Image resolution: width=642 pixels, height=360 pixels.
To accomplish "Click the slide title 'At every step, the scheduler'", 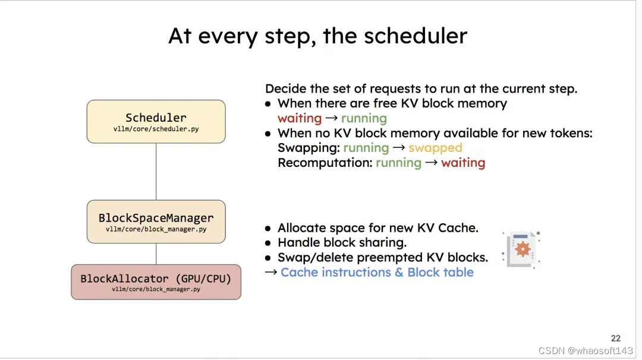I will click(x=317, y=36).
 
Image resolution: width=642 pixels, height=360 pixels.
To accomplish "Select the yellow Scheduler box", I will click(x=156, y=121).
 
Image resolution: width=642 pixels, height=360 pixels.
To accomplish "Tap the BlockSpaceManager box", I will click(x=156, y=222).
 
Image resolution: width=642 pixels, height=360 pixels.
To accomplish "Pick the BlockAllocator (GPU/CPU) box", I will click(x=156, y=282).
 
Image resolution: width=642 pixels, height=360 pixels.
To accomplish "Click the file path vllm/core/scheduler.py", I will click(x=156, y=129).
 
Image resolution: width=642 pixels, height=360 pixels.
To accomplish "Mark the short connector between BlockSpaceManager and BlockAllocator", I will click(x=156, y=254).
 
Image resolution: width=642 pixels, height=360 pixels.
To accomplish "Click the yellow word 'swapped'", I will click(x=435, y=148).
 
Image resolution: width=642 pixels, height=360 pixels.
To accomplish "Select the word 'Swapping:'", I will click(x=309, y=148).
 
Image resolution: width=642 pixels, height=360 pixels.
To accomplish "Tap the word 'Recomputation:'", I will click(x=325, y=163).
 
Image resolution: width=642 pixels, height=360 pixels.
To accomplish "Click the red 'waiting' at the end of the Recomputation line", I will click(x=462, y=163).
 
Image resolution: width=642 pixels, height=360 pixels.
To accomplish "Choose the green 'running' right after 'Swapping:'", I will click(x=366, y=148).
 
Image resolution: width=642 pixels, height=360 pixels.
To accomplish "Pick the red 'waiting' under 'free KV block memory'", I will click(x=300, y=118).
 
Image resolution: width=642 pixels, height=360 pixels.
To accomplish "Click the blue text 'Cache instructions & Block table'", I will click(x=377, y=273).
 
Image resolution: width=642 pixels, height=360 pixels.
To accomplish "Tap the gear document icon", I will click(x=521, y=250).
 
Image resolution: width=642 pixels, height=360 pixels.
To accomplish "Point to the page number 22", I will click(x=615, y=338).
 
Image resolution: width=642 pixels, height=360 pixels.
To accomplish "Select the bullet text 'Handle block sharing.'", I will click(x=342, y=242).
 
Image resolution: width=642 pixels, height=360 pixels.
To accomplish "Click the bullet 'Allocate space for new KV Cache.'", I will click(x=377, y=228).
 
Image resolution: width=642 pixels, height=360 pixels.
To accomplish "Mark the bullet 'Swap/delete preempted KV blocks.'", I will click(x=382, y=257).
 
